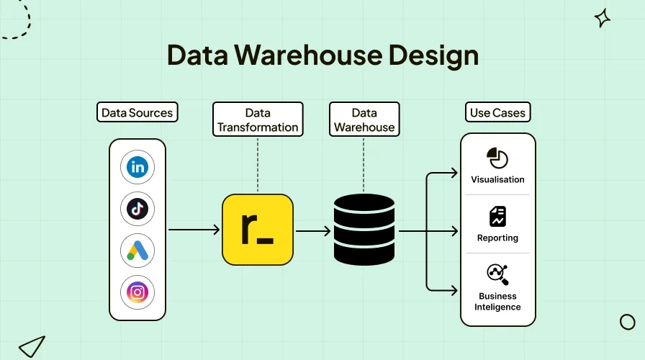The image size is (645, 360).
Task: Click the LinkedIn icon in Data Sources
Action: [137, 168]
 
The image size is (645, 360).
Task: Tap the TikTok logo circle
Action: [137, 209]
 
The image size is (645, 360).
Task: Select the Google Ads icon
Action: [137, 251]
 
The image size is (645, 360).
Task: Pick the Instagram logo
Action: [137, 292]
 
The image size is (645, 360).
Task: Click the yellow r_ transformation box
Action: [258, 230]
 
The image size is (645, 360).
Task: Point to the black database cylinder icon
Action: [364, 230]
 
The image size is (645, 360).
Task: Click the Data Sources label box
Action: [137, 112]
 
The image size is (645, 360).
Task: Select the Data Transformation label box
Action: [258, 120]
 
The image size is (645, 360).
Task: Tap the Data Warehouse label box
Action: [364, 120]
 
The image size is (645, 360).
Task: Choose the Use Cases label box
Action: [497, 112]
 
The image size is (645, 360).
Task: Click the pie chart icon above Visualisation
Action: [497, 158]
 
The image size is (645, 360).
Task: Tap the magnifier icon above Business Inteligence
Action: [497, 274]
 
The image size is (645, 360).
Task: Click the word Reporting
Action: [497, 238]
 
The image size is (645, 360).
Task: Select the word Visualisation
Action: [497, 179]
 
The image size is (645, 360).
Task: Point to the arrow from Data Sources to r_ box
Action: [194, 230]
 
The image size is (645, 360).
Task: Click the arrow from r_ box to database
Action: [313, 230]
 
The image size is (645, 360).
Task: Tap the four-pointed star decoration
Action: [603, 19]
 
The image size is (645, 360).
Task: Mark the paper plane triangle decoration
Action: [32, 346]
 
